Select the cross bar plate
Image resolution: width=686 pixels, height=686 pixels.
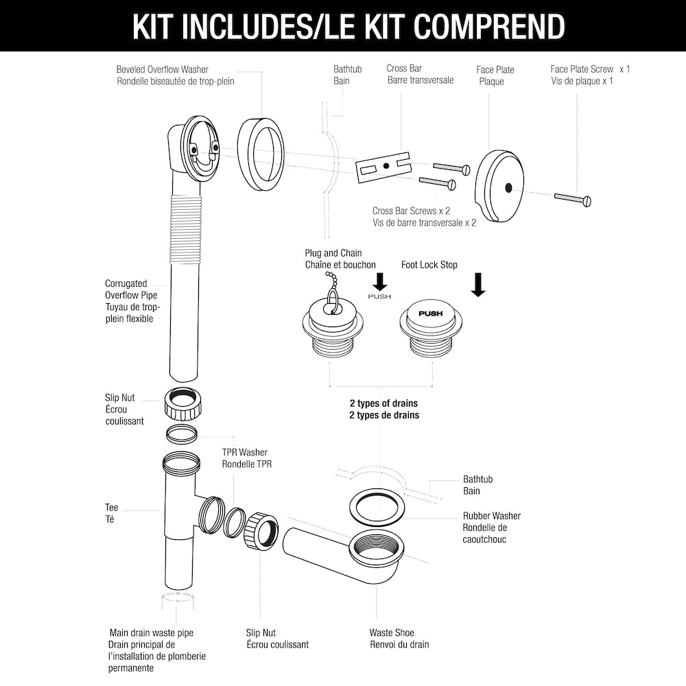383,167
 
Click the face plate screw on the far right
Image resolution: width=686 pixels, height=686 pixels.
573,199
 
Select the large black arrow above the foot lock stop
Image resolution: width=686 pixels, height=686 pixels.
478,285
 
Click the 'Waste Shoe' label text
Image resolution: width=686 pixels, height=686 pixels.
392,632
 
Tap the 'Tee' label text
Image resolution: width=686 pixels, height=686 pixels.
111,508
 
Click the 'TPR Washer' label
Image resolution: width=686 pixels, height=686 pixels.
244,452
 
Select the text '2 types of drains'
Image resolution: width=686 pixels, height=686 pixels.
383,403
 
